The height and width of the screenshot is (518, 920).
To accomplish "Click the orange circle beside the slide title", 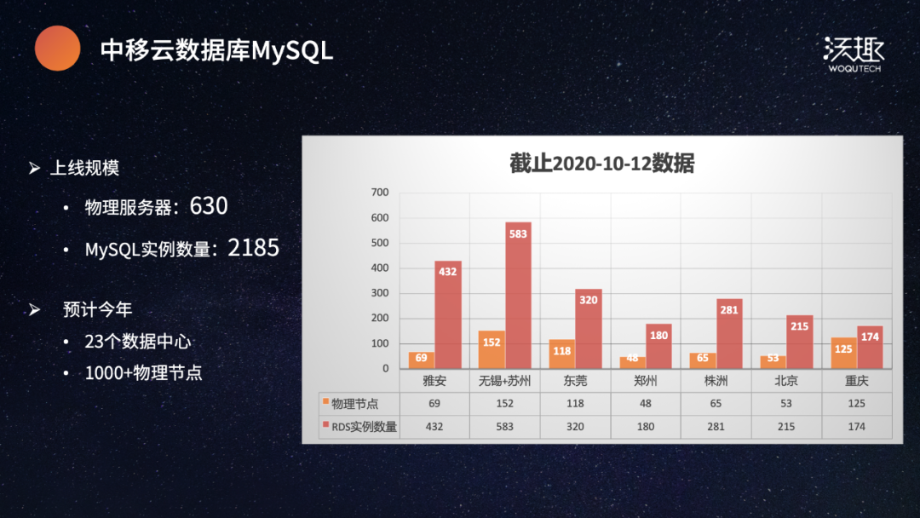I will [x=57, y=48].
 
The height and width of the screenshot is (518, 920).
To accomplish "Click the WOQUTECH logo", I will [x=854, y=54].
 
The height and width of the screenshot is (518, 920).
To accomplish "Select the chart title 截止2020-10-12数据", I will [x=601, y=164].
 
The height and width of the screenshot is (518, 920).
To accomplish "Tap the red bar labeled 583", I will [x=518, y=296].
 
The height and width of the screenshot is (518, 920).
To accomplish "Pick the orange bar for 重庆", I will [x=843, y=353].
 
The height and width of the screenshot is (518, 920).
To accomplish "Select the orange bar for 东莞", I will [x=561, y=354].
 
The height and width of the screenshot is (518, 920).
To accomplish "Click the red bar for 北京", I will [x=799, y=342].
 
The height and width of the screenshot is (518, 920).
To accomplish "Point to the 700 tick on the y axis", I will [x=380, y=193].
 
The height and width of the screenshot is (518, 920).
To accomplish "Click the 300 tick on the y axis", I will [x=380, y=293].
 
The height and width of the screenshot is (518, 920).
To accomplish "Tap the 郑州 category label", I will [x=646, y=381].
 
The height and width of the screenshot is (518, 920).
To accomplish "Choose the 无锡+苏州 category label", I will [x=504, y=381].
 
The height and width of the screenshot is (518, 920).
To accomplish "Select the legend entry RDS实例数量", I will [x=363, y=427].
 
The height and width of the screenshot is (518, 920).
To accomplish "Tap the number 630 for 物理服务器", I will [x=209, y=206].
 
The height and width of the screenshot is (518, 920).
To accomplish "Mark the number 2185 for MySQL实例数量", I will [x=253, y=248].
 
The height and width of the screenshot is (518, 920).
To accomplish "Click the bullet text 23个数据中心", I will [x=138, y=342].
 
